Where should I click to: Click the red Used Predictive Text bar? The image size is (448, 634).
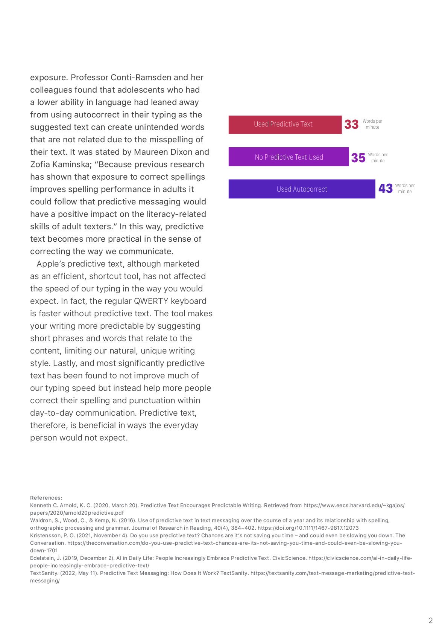click(285, 125)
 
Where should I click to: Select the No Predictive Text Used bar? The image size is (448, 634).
click(289, 157)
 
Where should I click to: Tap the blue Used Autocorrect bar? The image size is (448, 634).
click(302, 189)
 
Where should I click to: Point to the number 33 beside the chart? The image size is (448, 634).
click(351, 124)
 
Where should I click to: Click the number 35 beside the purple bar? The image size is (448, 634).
click(358, 158)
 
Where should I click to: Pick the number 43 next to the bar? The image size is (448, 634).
click(386, 188)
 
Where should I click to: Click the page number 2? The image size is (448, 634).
click(430, 620)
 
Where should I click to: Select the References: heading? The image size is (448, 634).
click(46, 498)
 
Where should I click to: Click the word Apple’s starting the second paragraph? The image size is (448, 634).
click(51, 264)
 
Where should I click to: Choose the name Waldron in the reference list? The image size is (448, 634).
click(39, 520)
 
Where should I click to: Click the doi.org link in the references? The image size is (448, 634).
click(308, 528)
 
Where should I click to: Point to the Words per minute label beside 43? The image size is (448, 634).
click(405, 189)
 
